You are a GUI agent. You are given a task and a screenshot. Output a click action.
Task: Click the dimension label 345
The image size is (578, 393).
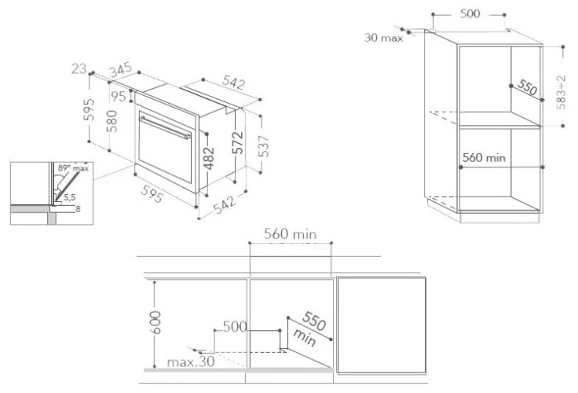(120, 72)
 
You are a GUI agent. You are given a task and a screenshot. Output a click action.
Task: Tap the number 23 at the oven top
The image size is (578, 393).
(78, 69)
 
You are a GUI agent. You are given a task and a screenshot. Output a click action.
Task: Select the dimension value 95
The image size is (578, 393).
(118, 97)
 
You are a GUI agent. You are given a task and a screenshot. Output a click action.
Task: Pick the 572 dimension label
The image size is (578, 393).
(237, 141)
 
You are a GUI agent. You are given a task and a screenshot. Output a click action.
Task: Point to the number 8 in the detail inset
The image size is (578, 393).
(78, 210)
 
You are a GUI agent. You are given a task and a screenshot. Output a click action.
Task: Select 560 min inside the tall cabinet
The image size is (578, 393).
(483, 157)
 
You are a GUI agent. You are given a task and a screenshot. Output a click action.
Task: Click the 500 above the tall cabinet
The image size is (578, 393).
(471, 14)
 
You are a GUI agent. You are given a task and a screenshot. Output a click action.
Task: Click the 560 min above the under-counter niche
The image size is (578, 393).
(291, 235)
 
